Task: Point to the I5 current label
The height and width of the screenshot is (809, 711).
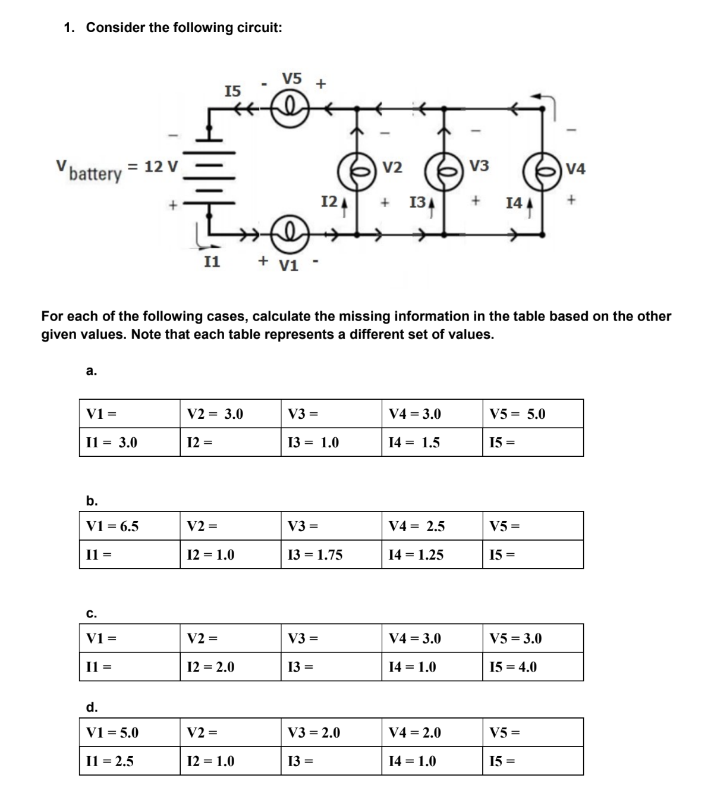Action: (x=232, y=91)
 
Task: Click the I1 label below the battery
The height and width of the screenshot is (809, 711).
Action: (x=212, y=261)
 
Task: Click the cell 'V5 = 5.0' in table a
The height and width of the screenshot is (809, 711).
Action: (x=533, y=413)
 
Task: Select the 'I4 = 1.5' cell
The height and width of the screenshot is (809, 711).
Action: (x=432, y=442)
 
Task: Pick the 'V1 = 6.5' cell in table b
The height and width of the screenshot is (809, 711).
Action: (x=130, y=526)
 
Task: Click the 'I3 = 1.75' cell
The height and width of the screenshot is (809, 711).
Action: (x=331, y=554)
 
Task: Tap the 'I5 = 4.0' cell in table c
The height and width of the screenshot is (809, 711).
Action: (x=533, y=667)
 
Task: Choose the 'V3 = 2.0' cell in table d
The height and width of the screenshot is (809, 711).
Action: (x=331, y=732)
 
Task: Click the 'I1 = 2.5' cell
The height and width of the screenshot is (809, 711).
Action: (x=130, y=761)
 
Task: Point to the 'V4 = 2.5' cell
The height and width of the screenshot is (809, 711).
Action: (x=432, y=526)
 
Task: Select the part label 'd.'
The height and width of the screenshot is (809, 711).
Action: (x=92, y=707)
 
